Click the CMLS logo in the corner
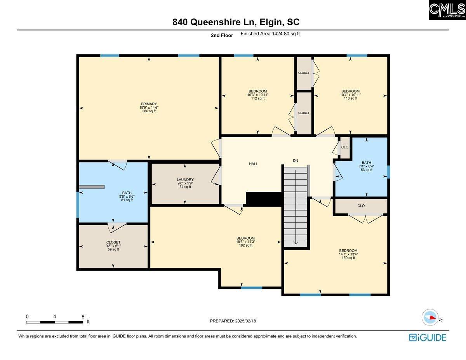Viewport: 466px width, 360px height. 447,10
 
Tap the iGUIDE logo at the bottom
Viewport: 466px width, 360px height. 428,337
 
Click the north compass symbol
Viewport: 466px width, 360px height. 430,317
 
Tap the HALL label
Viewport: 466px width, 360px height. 253,164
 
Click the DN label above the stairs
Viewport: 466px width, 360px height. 296,160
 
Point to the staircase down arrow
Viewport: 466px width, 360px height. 296,242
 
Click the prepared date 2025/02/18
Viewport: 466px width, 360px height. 233,321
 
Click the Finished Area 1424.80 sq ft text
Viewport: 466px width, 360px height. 270,34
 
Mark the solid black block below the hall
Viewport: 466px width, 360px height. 264,199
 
